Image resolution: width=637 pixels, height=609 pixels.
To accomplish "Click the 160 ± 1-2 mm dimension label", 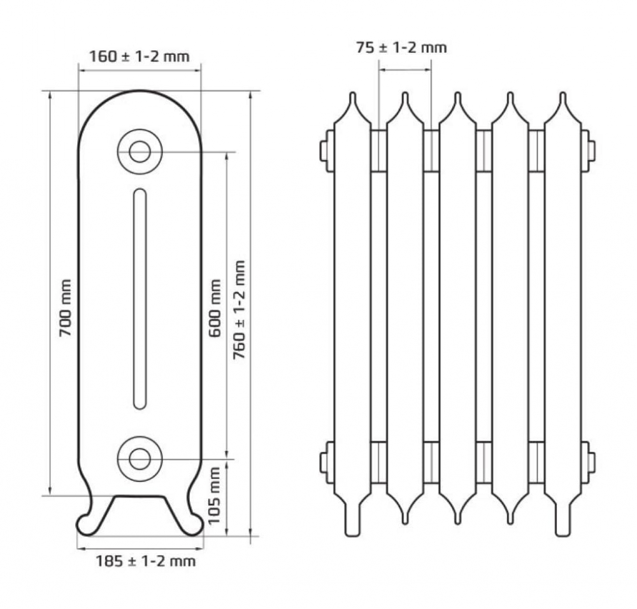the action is (140, 56).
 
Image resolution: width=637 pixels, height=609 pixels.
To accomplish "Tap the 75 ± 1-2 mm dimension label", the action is (401, 48).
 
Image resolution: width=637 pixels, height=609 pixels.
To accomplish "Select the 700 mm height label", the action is (66, 307).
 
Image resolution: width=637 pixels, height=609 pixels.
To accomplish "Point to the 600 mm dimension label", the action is (215, 308).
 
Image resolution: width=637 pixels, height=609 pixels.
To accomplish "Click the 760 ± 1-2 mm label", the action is (240, 310).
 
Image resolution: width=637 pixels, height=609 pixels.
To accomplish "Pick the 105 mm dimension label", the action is (214, 495).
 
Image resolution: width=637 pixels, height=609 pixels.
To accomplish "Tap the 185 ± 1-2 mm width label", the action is (145, 561).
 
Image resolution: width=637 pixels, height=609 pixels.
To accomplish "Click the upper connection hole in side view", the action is (140, 152).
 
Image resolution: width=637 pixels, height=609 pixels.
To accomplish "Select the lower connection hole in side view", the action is (140, 459).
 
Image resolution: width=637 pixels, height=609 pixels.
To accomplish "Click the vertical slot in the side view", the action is (140, 298).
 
